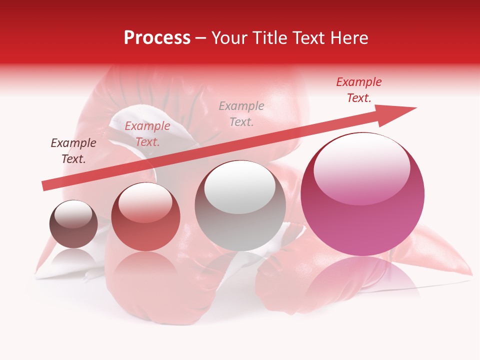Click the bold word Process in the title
157,38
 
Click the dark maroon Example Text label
73,151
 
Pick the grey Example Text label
241,113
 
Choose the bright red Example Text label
358,90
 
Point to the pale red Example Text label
147,134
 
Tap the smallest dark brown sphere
73,224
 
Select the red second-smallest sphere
145,216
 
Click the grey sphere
240,205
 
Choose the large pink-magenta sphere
362,195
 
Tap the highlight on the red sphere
145,202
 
